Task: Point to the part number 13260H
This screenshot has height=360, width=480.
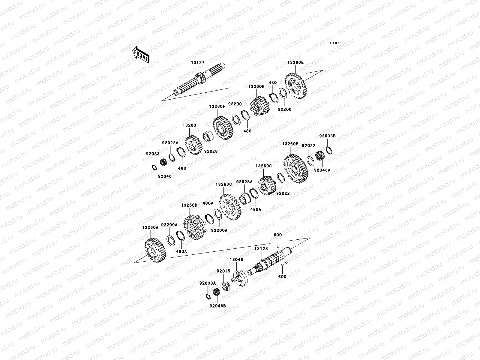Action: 256,86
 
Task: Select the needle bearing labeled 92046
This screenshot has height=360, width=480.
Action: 163,164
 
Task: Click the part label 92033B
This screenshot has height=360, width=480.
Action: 327,136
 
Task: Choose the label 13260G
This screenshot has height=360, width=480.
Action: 263,166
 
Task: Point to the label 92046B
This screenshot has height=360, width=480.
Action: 218,306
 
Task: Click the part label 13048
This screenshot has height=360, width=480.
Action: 236,259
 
